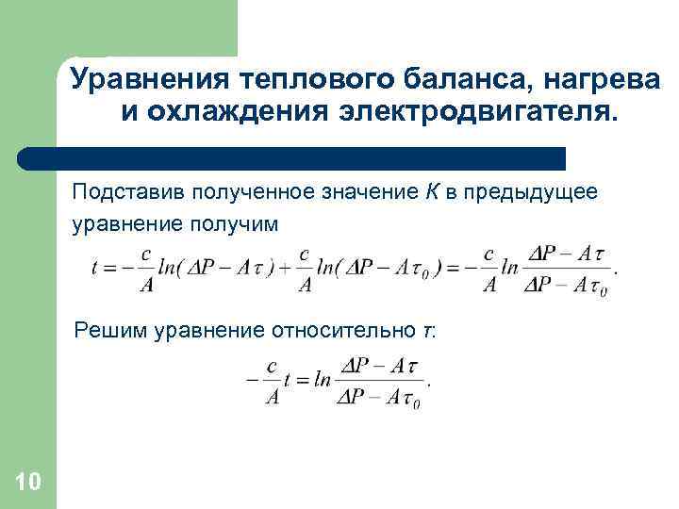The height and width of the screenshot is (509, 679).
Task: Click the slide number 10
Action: click(x=28, y=483)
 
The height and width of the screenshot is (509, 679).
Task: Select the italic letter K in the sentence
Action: click(x=430, y=193)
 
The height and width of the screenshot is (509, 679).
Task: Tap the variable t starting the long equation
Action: click(x=94, y=268)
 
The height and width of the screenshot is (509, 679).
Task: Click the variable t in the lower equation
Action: click(x=290, y=380)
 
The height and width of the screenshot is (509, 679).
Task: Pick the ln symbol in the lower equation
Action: click(x=323, y=380)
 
